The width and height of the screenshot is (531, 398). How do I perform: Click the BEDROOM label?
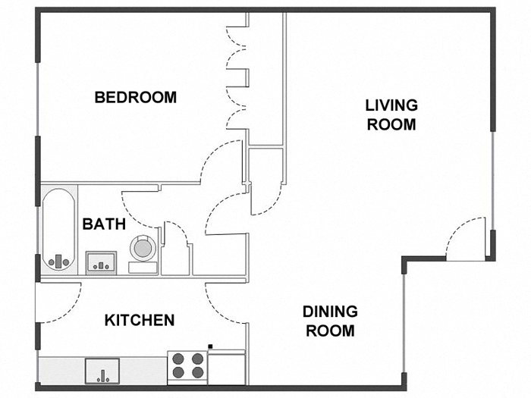click(136, 98)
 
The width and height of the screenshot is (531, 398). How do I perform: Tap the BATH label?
click(104, 224)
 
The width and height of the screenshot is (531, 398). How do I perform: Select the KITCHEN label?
click(140, 320)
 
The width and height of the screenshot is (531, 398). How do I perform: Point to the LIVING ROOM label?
click(391, 114)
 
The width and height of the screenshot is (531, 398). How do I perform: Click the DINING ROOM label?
click(330, 321)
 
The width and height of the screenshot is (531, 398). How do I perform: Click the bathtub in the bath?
click(58, 229)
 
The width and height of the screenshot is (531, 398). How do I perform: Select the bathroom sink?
click(101, 262)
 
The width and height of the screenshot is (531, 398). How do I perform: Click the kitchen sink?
click(102, 371)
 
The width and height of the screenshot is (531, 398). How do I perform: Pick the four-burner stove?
click(187, 368)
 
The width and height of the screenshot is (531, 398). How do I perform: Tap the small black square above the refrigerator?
click(210, 346)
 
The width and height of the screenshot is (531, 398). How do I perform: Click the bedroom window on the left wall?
click(37, 99)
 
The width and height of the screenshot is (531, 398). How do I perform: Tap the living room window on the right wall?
click(493, 180)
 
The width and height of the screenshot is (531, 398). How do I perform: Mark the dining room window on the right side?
click(404, 323)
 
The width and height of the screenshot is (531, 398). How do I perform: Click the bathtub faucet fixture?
click(58, 262)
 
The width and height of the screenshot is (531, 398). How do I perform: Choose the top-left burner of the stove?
click(178, 359)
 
